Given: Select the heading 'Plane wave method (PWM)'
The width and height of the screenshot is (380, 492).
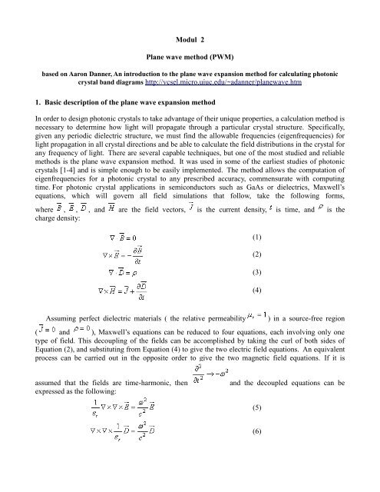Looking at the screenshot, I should click(x=190, y=57).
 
